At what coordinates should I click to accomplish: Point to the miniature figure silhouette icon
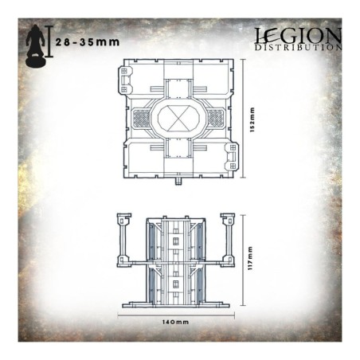click(34, 47)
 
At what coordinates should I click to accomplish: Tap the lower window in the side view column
click(178, 282)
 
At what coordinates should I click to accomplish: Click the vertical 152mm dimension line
click(243, 120)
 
